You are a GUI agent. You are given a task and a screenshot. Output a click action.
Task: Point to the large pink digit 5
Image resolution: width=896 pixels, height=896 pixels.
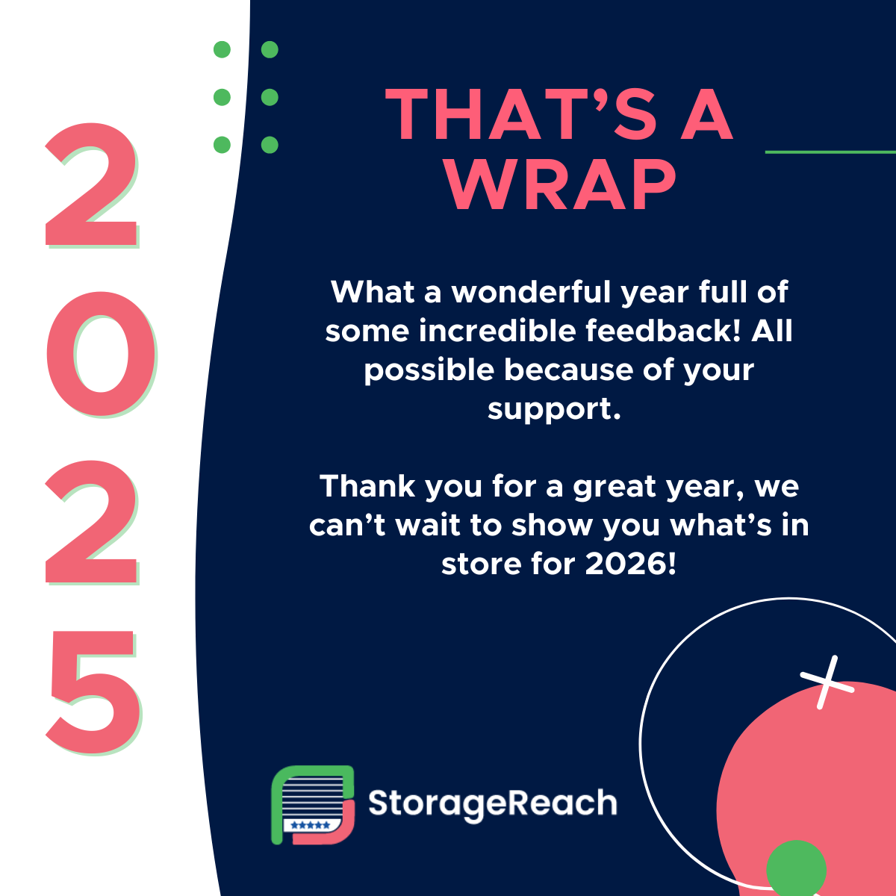click(x=94, y=691)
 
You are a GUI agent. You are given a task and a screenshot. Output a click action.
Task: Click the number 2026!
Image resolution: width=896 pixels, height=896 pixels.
click(x=631, y=564)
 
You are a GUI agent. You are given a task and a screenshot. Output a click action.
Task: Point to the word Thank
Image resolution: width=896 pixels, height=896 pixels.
click(x=367, y=486)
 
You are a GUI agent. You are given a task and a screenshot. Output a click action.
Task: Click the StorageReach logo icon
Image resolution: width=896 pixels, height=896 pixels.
click(x=313, y=805)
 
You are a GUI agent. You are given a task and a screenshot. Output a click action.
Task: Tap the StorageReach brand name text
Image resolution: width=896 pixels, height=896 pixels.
click(x=493, y=804)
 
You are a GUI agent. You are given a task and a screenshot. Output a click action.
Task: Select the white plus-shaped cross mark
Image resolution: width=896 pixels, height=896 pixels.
click(x=827, y=682)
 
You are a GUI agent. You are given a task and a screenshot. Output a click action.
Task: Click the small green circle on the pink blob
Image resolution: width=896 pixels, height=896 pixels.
click(x=796, y=868)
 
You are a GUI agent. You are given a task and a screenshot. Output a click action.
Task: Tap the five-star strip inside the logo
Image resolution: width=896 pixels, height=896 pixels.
click(x=310, y=825)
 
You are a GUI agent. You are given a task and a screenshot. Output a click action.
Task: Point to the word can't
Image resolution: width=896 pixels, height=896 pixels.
click(x=347, y=526)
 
